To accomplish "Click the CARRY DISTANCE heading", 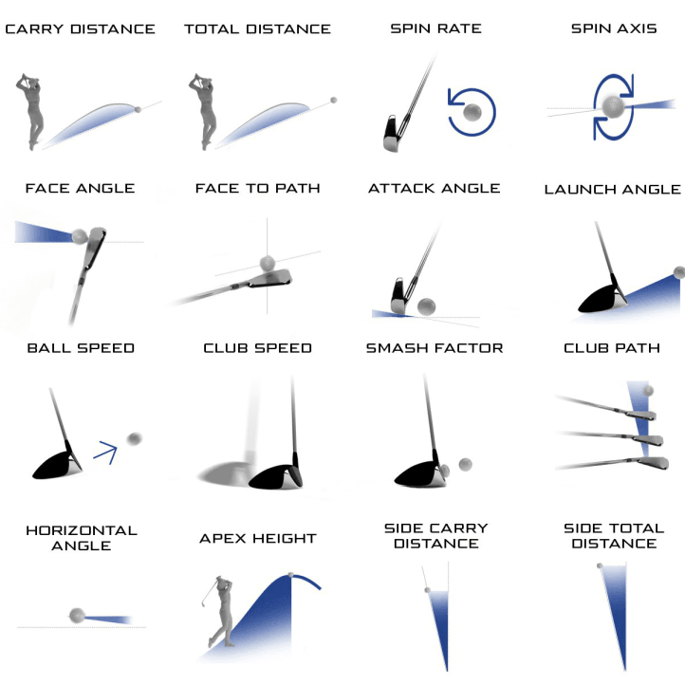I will pos(80,29).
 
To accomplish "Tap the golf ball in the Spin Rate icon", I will pos(472,113).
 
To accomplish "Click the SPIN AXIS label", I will pos(613,29).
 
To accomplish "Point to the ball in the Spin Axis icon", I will pos(613,105).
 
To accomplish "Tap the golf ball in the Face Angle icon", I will pos(81,236).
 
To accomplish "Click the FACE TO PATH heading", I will pos(257,189).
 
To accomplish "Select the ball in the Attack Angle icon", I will pos(426,305).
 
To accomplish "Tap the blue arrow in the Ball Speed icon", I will pos(104,454).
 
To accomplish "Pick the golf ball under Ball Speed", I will pos(134,438).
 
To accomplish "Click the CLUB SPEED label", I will pos(257,348).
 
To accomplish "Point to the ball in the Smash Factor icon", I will pos(465,464).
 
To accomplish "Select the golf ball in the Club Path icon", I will pos(648,390).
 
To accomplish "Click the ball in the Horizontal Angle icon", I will pos(77,616).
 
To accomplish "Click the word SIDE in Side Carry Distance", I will pos(411,528).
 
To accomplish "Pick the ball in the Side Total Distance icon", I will pos(600,565).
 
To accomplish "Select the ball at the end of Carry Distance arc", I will pos(139,109).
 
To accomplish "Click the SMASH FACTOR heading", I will pos(434,348).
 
